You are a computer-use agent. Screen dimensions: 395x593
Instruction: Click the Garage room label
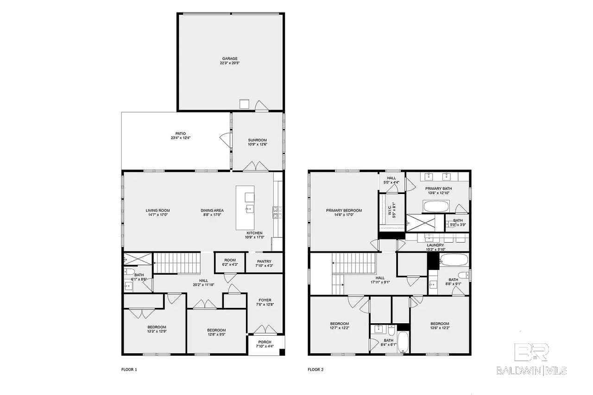click(229, 59)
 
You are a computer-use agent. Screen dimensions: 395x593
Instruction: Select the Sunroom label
click(257, 140)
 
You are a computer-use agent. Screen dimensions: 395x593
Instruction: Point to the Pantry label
click(264, 261)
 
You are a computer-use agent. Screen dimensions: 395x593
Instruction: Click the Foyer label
click(265, 300)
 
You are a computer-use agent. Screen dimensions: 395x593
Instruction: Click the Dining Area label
click(212, 211)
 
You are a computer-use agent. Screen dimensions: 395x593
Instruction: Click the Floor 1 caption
click(129, 370)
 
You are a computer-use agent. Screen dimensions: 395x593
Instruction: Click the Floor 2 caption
click(315, 370)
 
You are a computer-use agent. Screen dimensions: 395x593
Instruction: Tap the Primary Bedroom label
click(343, 211)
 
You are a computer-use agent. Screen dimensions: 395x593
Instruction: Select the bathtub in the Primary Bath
click(436, 206)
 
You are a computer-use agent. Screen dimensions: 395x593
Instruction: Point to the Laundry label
click(435, 245)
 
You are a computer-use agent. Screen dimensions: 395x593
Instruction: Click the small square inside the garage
click(244, 104)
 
